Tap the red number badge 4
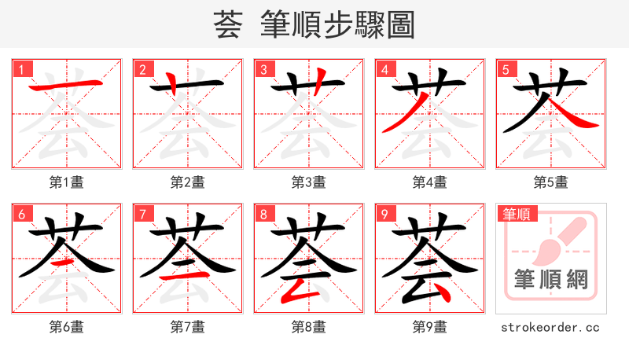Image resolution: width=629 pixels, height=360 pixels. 385,70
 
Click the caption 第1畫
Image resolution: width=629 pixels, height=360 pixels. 67,182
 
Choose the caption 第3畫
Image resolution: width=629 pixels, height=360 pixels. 308,182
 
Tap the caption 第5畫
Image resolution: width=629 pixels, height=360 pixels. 550,182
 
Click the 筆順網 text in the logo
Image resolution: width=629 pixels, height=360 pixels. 550,279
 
